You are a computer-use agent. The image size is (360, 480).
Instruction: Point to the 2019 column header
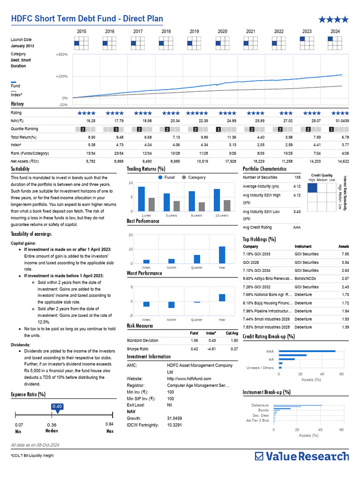pos(194,31)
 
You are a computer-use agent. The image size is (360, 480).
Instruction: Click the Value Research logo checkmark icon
pos(259,456)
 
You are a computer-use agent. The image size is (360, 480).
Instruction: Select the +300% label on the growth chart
pos(62,55)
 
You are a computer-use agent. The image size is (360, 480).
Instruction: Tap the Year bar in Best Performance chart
pos(222,255)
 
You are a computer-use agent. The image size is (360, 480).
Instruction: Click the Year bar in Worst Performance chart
pos(222,298)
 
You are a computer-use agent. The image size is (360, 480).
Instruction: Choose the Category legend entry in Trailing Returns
pos(193,178)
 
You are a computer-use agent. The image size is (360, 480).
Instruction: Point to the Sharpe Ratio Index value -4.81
pos(211,349)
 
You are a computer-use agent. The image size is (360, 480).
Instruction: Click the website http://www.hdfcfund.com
pos(189,379)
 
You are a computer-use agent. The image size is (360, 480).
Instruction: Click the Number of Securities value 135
pos(297,178)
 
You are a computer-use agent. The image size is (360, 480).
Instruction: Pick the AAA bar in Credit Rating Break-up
pos(307,351)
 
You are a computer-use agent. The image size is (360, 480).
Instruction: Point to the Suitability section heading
pos(20,169)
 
